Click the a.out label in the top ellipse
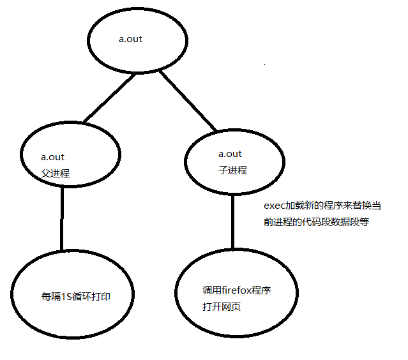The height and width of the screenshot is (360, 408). [x=130, y=40]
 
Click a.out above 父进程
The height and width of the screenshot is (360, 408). [x=52, y=156]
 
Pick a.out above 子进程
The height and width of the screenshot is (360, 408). [x=230, y=154]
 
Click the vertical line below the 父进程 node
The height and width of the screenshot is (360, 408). [x=62, y=220]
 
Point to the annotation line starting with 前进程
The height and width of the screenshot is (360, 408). [x=316, y=223]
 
